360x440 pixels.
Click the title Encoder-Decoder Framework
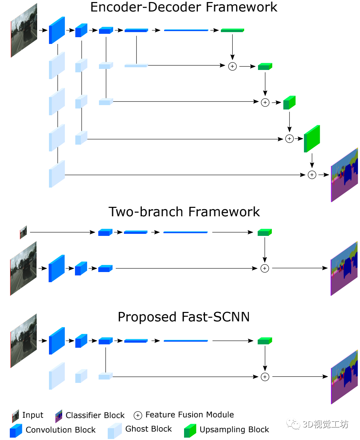click(x=183, y=7)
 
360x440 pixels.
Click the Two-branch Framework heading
click(x=184, y=212)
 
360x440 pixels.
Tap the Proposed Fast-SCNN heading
click(x=184, y=317)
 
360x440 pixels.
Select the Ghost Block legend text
click(x=148, y=429)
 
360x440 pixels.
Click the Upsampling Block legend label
click(x=234, y=430)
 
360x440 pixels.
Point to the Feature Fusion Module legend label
click(x=189, y=415)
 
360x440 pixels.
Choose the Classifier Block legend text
click(x=95, y=415)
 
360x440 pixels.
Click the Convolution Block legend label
click(x=60, y=430)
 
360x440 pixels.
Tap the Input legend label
click(x=33, y=415)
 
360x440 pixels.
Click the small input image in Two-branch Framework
click(x=23, y=232)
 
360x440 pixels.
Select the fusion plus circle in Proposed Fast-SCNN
click(x=265, y=377)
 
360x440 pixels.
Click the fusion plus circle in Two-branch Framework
click(x=264, y=268)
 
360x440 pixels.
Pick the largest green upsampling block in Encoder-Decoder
click(x=312, y=139)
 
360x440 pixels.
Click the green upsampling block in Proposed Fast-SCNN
click(x=265, y=341)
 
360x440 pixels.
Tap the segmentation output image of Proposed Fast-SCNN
click(x=344, y=377)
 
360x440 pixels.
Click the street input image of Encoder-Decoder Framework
click(x=24, y=30)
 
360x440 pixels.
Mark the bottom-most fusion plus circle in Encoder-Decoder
click(x=312, y=175)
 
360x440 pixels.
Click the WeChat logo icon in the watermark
click(x=293, y=424)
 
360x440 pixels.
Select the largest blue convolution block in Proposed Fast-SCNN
click(x=57, y=341)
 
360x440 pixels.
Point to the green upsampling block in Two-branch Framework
click(x=264, y=232)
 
